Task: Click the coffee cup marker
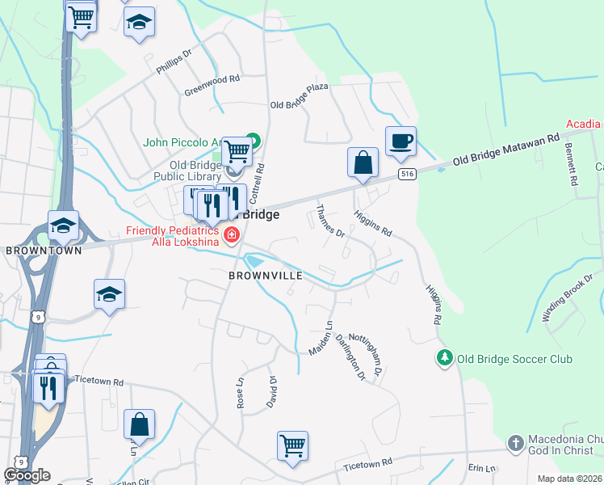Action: click(401, 141)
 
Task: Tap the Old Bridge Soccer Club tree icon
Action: click(443, 357)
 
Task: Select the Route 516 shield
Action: click(406, 174)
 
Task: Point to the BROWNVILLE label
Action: click(265, 276)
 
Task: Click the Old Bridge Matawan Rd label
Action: click(505, 150)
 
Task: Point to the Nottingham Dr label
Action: click(371, 361)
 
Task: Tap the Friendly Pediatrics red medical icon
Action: click(232, 235)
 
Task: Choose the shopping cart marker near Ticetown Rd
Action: click(292, 445)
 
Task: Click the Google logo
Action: click(27, 475)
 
